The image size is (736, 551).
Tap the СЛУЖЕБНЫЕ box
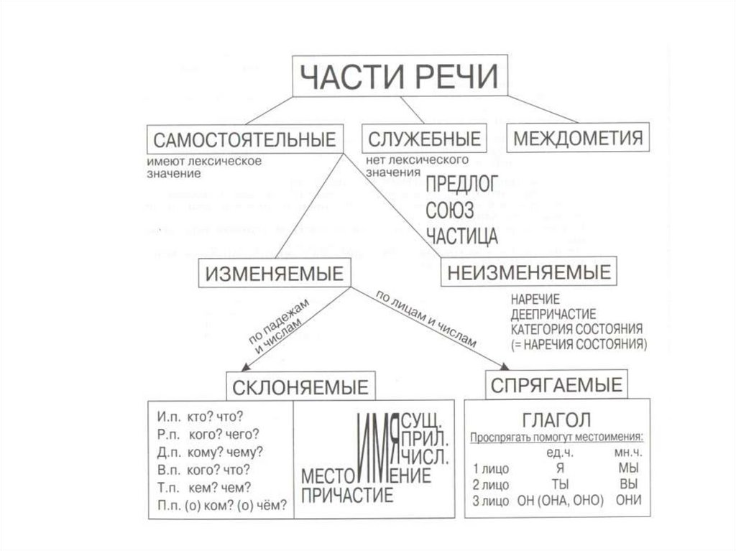423,138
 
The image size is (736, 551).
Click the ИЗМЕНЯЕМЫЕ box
275,274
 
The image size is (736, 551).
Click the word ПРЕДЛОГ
462,185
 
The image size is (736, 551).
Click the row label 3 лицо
492,500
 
